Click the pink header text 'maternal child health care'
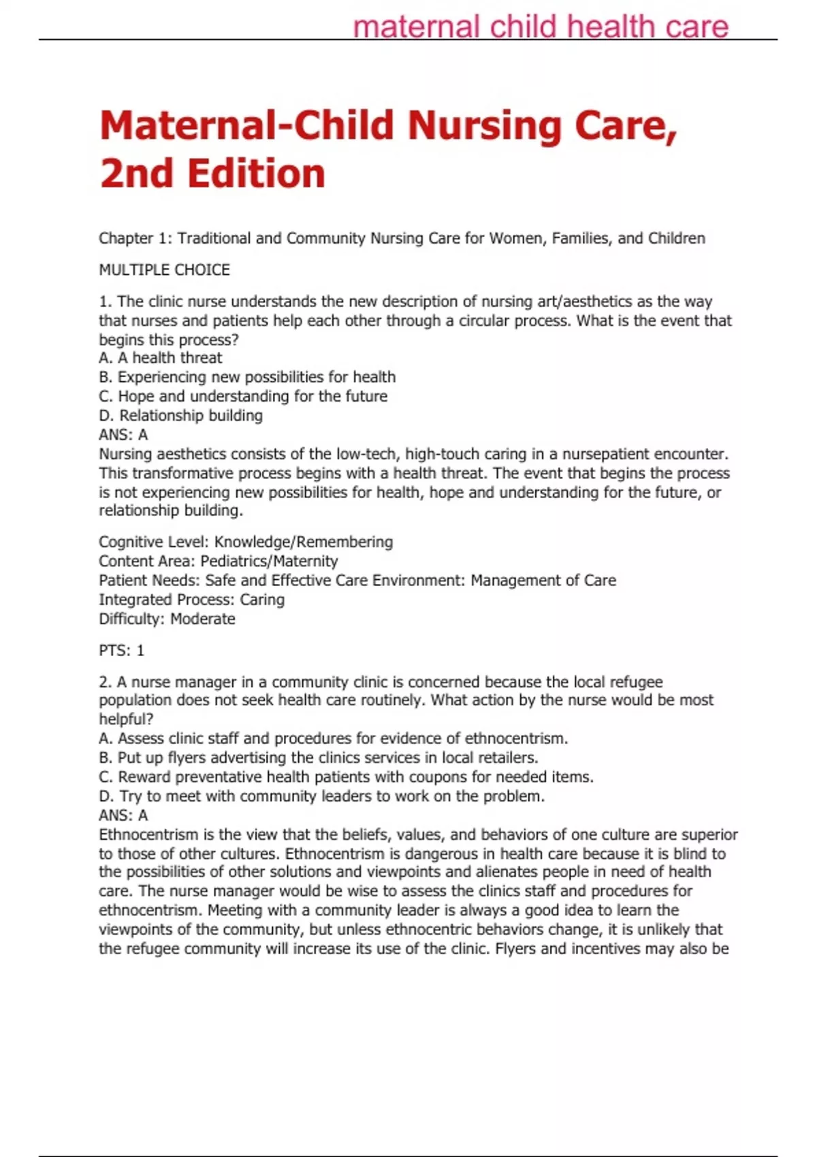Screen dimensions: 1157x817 [x=541, y=27]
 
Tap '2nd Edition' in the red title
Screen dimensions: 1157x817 [x=212, y=174]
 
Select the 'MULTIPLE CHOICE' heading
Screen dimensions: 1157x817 [x=164, y=270]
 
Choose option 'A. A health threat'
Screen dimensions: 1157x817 [x=161, y=358]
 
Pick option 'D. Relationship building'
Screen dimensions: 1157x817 [x=180, y=415]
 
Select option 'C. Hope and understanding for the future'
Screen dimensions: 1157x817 [x=243, y=396]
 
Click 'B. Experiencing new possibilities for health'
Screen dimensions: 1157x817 [x=247, y=377]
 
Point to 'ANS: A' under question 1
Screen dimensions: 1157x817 [x=123, y=434]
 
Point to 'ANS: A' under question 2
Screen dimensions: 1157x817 [x=123, y=815]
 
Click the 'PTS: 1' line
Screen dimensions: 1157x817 [x=122, y=651]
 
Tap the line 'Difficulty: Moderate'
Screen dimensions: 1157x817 [x=167, y=619]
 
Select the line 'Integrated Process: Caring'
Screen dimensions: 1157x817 [x=191, y=600]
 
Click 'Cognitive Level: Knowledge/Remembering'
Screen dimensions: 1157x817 [x=246, y=542]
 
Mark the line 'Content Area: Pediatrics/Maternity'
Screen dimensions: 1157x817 [x=218, y=561]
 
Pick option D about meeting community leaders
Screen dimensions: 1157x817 [x=322, y=796]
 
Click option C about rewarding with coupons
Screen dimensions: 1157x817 [x=347, y=777]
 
